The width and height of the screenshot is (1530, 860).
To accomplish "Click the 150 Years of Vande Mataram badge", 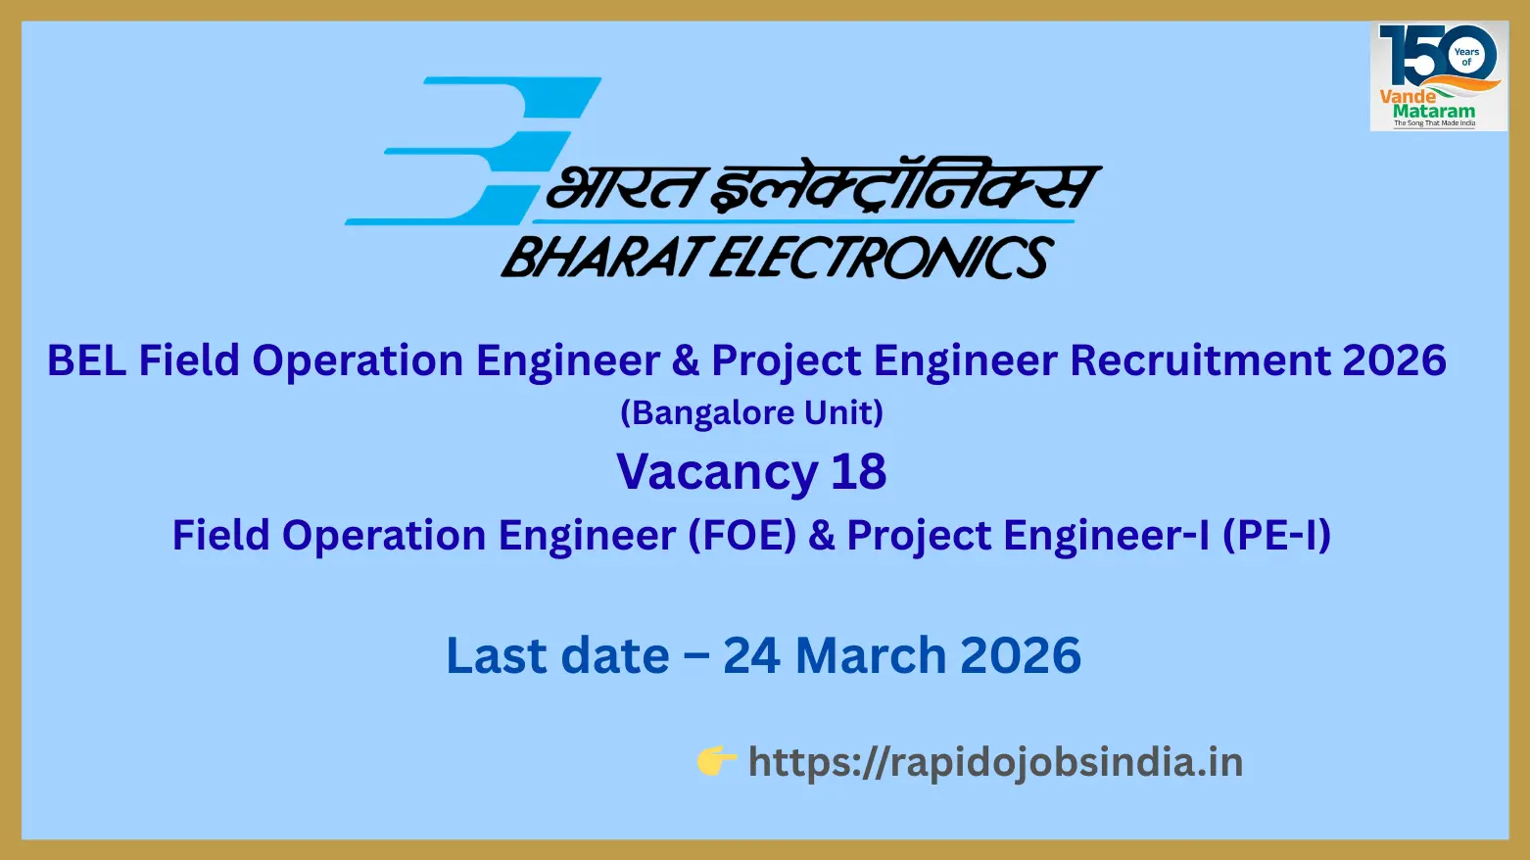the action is coord(1439,75).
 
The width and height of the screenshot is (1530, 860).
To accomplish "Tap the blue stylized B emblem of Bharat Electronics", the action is coord(473,151).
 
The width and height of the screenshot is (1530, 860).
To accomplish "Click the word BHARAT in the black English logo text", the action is coord(602,257).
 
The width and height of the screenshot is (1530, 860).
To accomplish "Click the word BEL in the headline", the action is coord(87,360).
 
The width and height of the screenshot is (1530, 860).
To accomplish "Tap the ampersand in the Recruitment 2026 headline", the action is coord(685,360).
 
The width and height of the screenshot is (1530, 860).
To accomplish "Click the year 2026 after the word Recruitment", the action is coord(1394,360).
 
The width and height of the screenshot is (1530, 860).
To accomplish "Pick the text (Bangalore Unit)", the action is coord(751,412).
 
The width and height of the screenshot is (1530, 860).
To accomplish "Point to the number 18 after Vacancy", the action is coord(859,471).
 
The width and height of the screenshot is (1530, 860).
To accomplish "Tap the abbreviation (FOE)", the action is coord(741,534).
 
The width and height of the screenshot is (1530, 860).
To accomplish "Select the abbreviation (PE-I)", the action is coord(1276,534).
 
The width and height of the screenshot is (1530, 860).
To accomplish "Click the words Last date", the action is coord(557,655).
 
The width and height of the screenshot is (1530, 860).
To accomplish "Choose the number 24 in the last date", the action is coord(751,655).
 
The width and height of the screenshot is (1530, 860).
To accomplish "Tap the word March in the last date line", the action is coord(870,655).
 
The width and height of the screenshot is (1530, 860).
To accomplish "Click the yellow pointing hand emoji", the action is coord(716,761).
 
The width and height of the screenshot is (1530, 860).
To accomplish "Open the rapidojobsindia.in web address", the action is coord(995,762).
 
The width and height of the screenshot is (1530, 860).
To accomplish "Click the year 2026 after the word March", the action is coord(1021,655).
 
